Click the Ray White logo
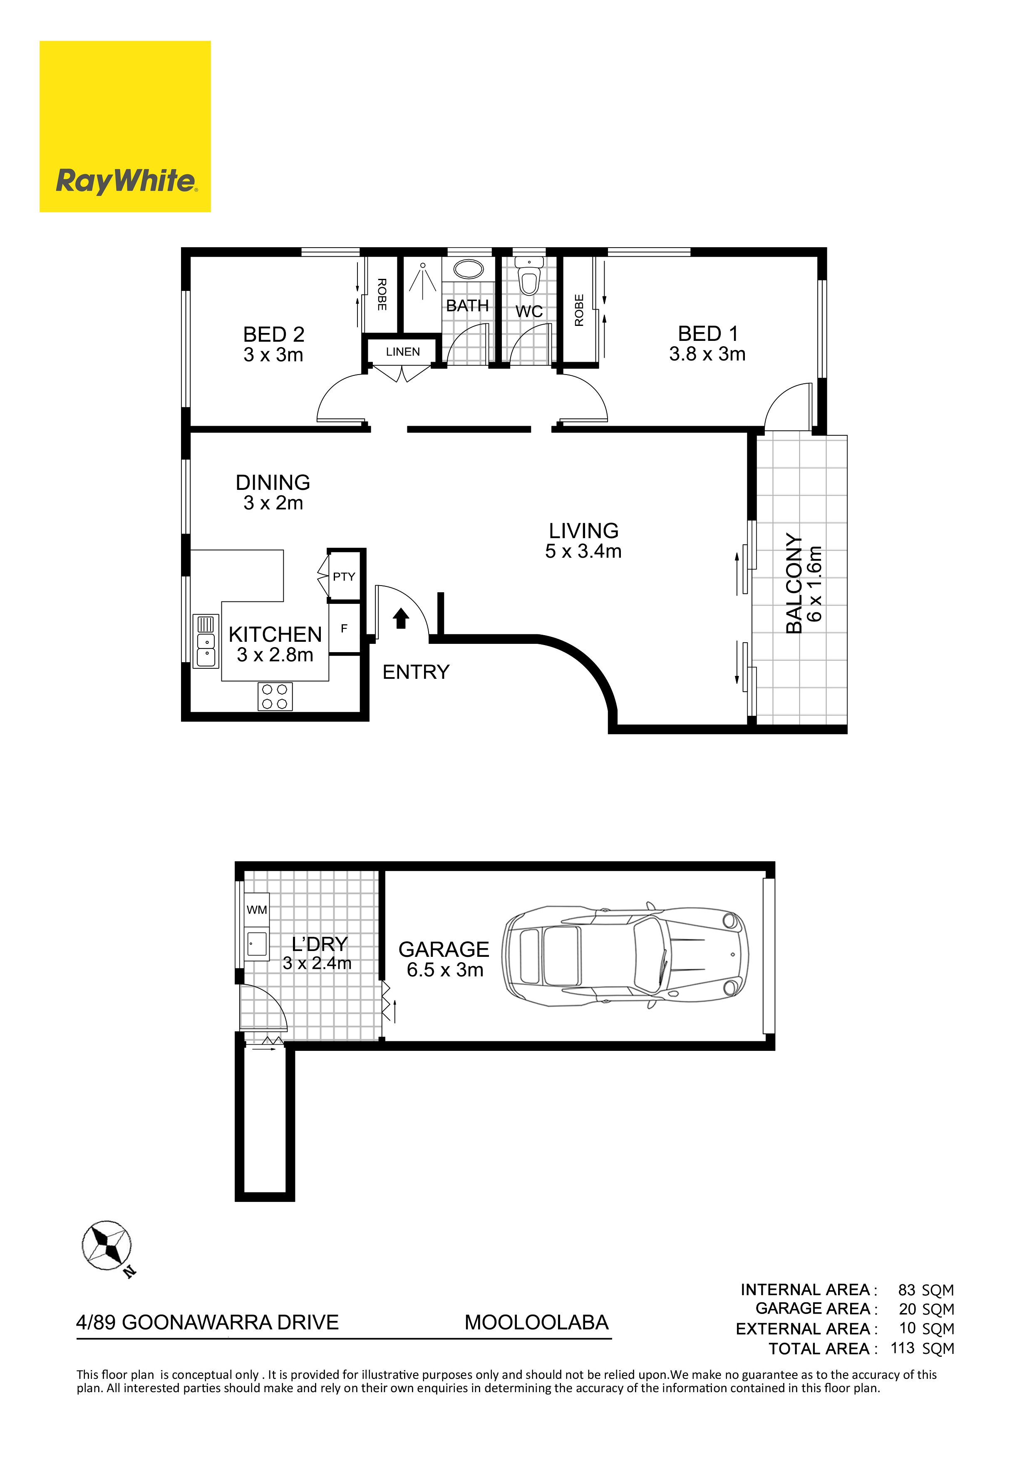coord(125,127)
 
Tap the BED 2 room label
coord(273,335)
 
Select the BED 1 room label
coord(708,333)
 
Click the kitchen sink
coord(206,641)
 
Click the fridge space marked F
coord(345,628)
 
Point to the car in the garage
coord(625,956)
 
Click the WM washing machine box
coord(257,909)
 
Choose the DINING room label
coord(273,483)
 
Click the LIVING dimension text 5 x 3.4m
coord(583,551)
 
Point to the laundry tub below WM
coord(257,942)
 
